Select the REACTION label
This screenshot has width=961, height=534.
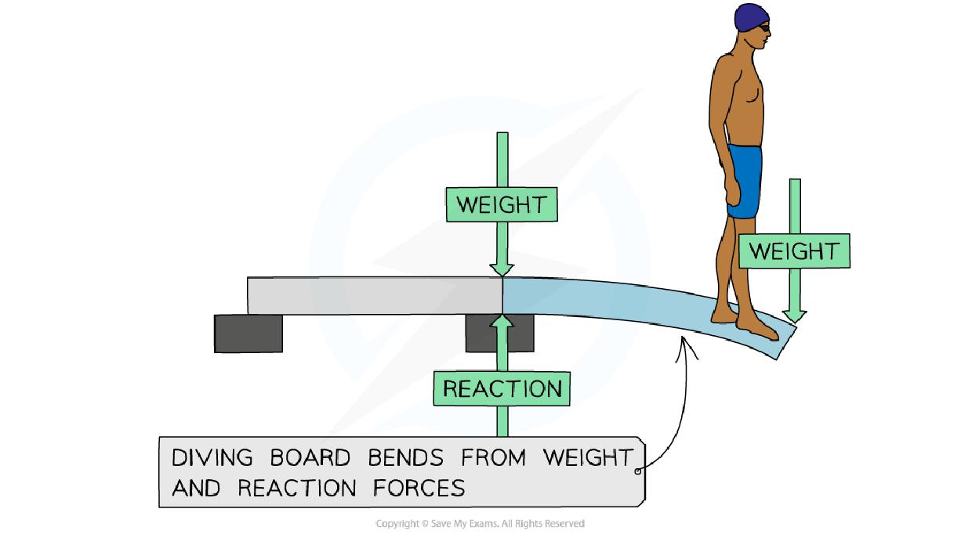point(502,388)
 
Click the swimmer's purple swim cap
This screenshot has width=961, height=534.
point(751,17)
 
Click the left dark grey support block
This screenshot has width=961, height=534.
point(248,333)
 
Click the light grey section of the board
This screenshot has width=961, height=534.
point(375,295)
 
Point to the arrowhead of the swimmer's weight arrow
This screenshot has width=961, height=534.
point(794,314)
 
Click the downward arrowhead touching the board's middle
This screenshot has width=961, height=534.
point(502,266)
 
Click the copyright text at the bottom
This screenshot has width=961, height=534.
point(480,523)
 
